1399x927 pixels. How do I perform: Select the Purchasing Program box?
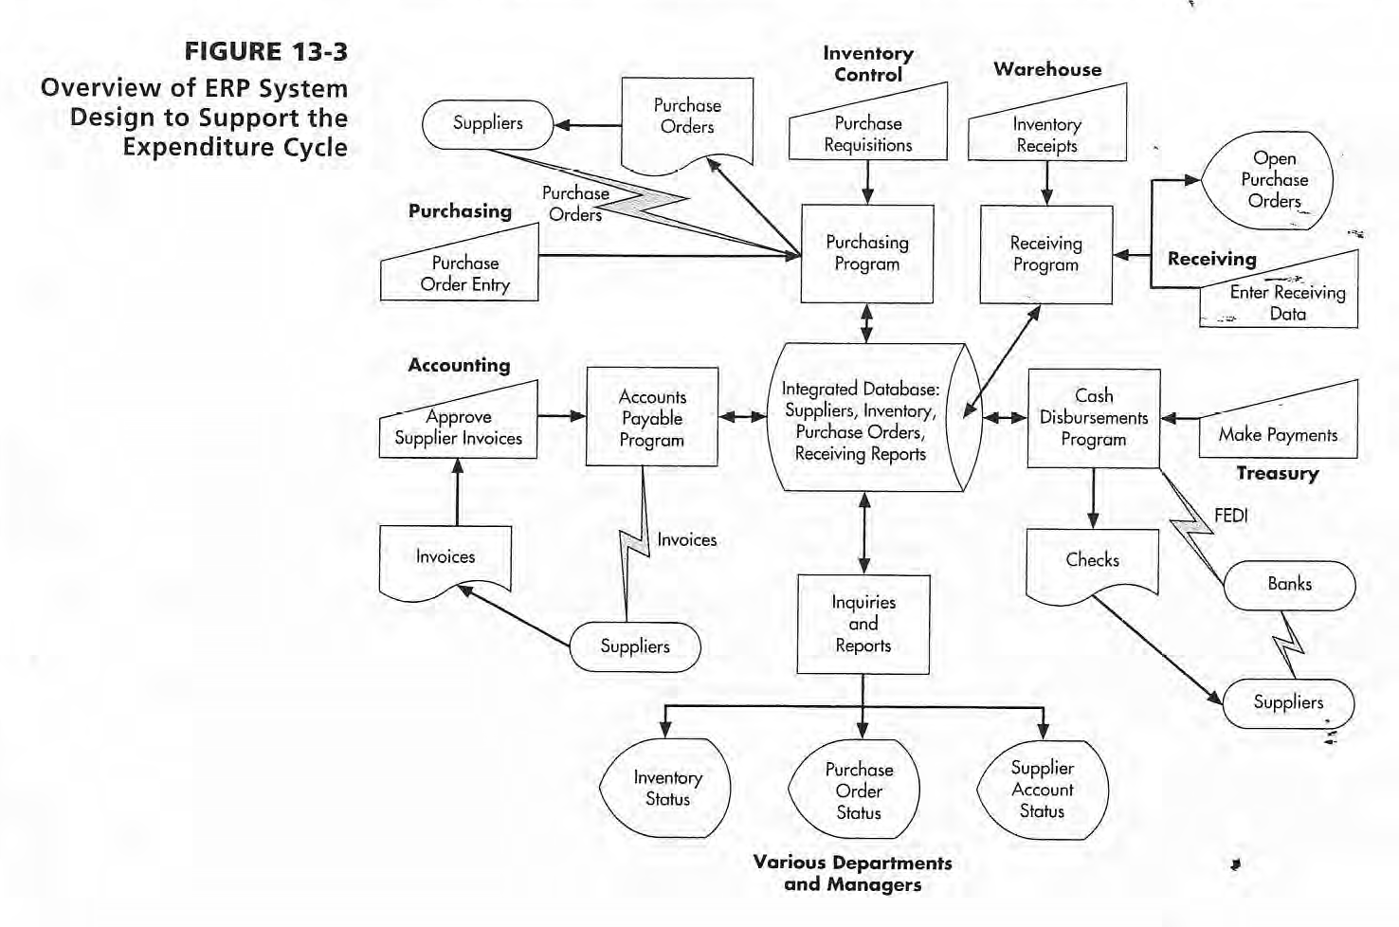(866, 254)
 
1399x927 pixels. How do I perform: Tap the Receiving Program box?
(1045, 255)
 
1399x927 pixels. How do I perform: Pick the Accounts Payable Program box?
(651, 418)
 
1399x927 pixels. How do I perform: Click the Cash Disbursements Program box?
(1093, 418)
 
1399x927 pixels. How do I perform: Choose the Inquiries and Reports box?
(863, 624)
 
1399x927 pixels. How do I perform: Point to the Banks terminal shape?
(1289, 585)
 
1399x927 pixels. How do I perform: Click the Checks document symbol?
(1092, 561)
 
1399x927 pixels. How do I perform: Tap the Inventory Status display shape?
(667, 789)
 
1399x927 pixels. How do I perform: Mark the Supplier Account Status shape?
(1042, 790)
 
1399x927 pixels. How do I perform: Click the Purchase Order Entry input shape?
(463, 273)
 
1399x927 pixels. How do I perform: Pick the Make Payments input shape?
(1278, 429)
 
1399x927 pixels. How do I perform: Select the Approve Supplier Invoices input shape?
(459, 427)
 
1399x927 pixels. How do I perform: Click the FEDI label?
(1230, 516)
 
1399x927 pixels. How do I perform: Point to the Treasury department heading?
(1277, 473)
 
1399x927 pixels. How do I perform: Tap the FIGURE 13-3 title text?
(265, 52)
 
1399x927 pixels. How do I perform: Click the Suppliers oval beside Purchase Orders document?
(487, 123)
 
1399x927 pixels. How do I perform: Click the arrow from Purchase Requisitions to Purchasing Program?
(867, 182)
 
